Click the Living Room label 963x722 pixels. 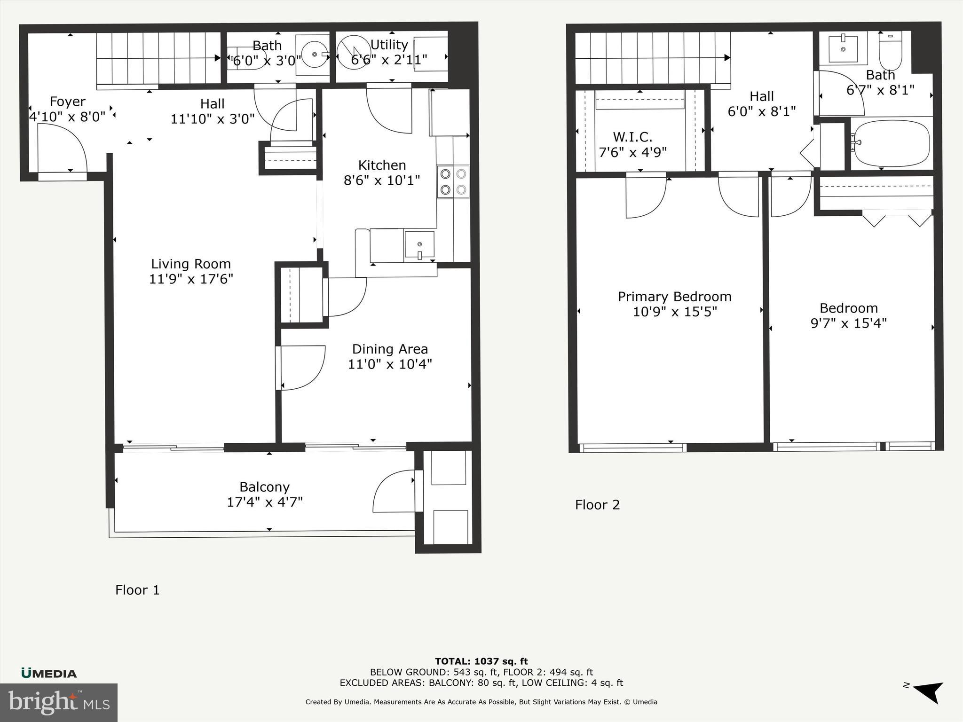(x=190, y=264)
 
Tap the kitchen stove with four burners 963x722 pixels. (x=453, y=182)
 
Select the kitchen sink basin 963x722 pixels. (x=419, y=245)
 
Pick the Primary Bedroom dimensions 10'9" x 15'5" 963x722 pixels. (x=674, y=312)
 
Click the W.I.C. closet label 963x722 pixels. (x=632, y=137)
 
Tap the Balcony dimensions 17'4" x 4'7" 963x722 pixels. (x=264, y=502)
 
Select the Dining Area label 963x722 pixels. (x=390, y=349)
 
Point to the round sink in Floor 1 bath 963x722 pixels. (x=314, y=55)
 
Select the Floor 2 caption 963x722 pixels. (x=597, y=505)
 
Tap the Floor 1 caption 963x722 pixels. (x=137, y=590)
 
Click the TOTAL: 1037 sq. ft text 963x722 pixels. (x=481, y=662)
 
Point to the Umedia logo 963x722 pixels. (x=49, y=673)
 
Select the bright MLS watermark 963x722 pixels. (x=58, y=703)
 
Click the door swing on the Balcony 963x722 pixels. (x=393, y=492)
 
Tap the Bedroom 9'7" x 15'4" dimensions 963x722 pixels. (x=848, y=323)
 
